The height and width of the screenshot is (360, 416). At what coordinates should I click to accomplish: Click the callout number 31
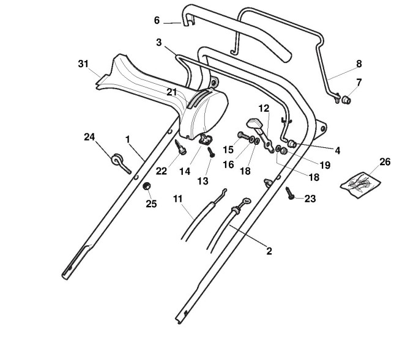click(x=84, y=64)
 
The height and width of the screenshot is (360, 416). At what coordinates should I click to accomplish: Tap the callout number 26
click(x=385, y=162)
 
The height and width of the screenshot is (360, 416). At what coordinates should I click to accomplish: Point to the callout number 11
click(x=177, y=199)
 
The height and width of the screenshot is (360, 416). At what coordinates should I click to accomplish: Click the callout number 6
click(x=157, y=20)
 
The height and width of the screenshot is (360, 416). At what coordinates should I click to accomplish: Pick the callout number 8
click(x=358, y=64)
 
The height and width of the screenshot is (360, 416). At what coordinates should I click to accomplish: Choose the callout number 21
click(x=172, y=92)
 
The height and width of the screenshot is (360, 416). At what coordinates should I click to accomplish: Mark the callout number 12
click(x=264, y=108)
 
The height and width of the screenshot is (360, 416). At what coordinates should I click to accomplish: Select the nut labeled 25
click(x=147, y=186)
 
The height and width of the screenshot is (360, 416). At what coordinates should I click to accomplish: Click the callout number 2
click(x=269, y=251)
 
